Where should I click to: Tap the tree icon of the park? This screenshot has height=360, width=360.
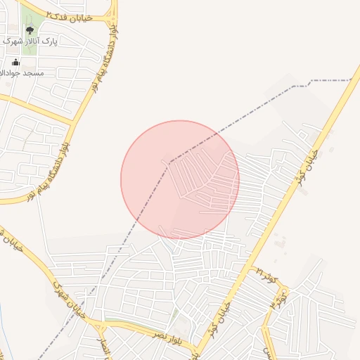point(30,30)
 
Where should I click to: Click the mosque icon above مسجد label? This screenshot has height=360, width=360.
point(15,63)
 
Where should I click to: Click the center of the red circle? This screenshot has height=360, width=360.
point(180,180)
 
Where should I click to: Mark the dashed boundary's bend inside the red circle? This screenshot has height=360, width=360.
point(169,162)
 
